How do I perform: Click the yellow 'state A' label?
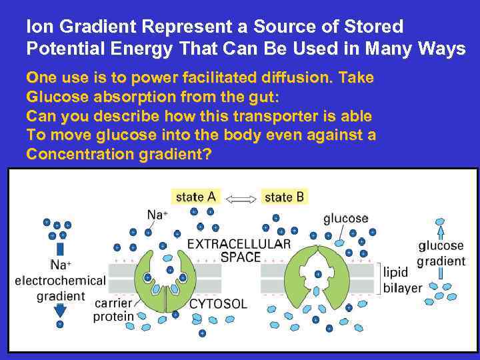click(x=195, y=197)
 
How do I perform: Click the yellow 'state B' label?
click(x=284, y=197)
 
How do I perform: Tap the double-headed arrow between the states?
click(x=241, y=198)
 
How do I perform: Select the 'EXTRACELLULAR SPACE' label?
click(x=239, y=251)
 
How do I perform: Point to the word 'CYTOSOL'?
click(x=218, y=304)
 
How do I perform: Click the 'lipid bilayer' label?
click(x=403, y=280)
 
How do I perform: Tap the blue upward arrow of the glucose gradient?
click(x=440, y=232)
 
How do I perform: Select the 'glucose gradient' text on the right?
click(x=441, y=253)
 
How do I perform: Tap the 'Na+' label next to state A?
click(x=157, y=214)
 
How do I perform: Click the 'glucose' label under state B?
click(x=345, y=218)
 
